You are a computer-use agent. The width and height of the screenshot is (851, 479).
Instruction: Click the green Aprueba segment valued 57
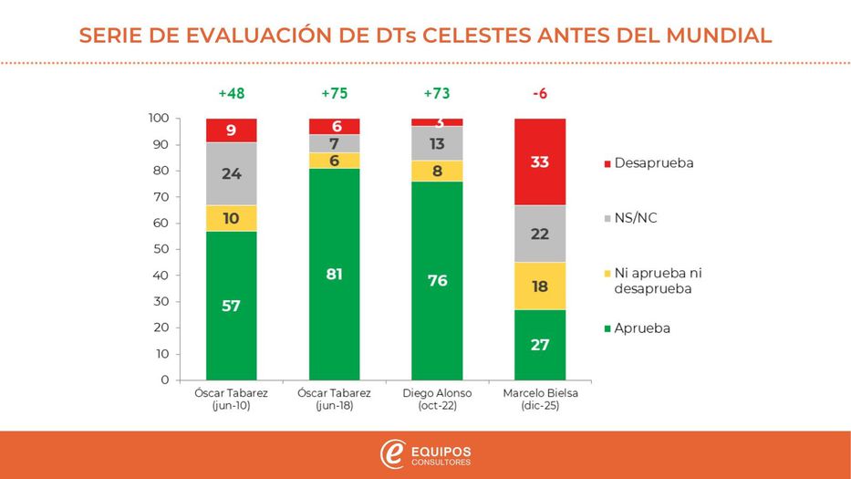coord(231,306)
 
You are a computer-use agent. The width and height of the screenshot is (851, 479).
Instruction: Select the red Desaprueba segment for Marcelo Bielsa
coord(540,162)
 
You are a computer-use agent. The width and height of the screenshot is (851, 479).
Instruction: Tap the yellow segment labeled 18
coord(540,286)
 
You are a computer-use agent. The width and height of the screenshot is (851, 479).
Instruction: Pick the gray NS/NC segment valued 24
coord(231,173)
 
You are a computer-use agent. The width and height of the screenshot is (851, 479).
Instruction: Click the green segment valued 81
coord(334,274)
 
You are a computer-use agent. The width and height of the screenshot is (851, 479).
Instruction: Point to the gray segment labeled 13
coord(437,143)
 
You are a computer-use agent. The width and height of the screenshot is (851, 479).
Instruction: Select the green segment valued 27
coord(540,345)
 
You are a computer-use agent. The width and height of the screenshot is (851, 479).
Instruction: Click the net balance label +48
coord(231,94)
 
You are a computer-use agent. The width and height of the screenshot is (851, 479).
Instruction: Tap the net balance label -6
coord(540,94)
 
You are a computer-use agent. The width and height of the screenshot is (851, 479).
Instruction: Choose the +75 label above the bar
coord(334,94)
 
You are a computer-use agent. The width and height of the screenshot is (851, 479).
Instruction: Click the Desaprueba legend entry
coord(649,162)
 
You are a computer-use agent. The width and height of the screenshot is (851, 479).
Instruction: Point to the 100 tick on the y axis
coord(159,119)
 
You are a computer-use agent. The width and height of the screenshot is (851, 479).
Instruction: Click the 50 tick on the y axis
coord(161,249)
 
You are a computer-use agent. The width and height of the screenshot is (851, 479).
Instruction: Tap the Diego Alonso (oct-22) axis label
coord(437,399)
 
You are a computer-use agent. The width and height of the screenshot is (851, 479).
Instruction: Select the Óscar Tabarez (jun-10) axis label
coord(231,399)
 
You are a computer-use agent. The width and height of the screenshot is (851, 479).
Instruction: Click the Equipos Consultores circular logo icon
coord(393,453)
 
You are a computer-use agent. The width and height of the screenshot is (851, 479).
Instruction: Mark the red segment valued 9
coord(231,130)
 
